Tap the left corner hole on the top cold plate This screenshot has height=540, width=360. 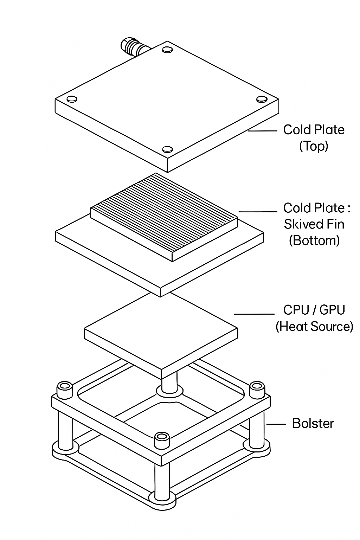72,99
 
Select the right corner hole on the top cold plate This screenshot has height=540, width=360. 262,99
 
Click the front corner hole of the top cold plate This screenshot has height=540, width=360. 167,149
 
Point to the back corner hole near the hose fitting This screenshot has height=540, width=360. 168,50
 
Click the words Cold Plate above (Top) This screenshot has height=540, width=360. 314,130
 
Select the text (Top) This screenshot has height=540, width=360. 314,146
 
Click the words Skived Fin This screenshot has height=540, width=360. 314,224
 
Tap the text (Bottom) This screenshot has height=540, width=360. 314,240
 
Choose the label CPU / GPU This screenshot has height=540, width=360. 314,310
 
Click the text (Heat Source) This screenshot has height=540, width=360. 314,327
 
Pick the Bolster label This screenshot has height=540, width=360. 313,423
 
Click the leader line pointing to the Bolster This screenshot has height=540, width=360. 276,424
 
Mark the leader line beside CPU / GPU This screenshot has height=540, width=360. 254,314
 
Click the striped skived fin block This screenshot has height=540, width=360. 165,214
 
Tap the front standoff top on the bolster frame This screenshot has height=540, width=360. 162,437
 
